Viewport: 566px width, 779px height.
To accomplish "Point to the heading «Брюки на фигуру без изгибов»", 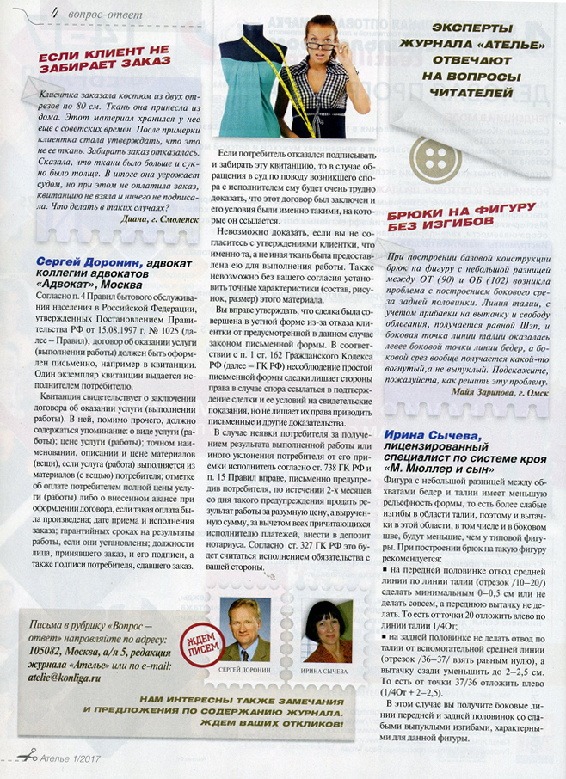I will pyautogui.click(x=463, y=214).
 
